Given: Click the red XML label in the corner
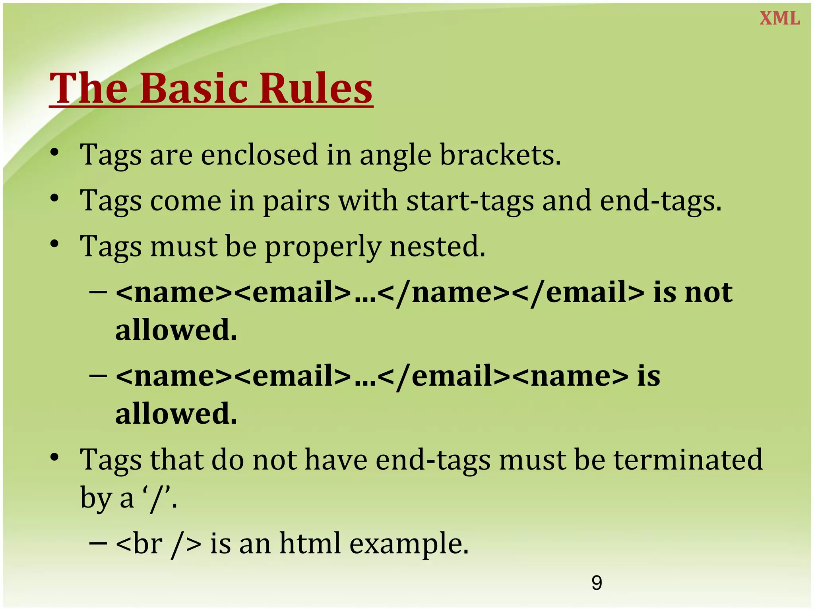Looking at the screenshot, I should click(779, 18).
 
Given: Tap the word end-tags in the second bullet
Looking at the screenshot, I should click(660, 201).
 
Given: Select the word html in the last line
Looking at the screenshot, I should click(310, 543).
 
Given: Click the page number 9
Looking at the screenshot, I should click(597, 583).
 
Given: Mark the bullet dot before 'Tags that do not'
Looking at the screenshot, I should click(55, 457).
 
